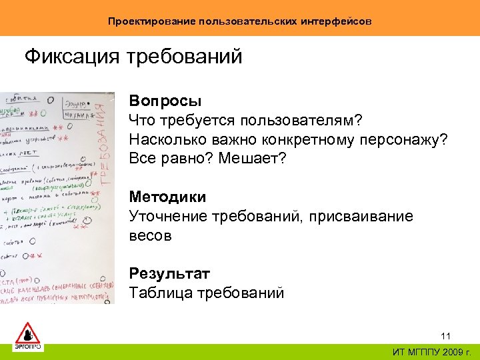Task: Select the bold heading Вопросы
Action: point(165,101)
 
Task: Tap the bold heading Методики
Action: point(167,197)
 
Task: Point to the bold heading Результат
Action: point(169,273)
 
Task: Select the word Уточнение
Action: point(168,217)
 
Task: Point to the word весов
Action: point(150,236)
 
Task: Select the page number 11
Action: point(446,335)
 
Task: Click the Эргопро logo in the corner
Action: point(27,336)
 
